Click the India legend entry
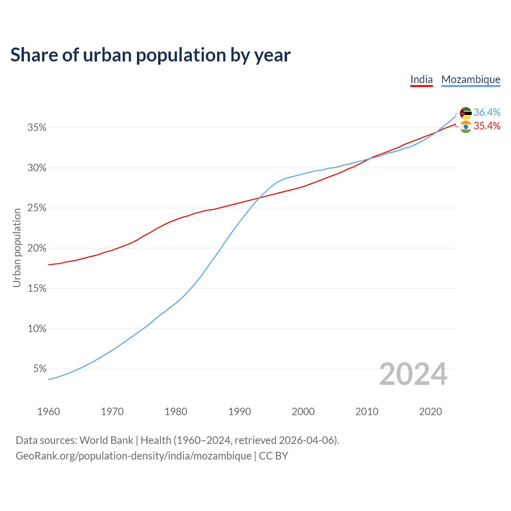[x=422, y=79]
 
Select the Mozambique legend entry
[x=471, y=79]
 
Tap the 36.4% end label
[x=487, y=112]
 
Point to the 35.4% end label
[x=487, y=126]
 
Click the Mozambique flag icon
[x=465, y=113]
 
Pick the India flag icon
[x=465, y=127]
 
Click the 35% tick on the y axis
[x=37, y=128]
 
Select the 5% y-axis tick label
[x=40, y=369]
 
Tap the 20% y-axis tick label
[x=37, y=248]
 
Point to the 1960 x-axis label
[x=48, y=412]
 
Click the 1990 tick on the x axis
[x=240, y=412]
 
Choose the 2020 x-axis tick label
[x=430, y=412]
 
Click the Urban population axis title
[x=17, y=248]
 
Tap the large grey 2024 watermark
[x=413, y=374]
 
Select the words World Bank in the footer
[x=106, y=440]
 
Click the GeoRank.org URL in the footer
[x=133, y=456]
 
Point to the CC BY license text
[x=273, y=456]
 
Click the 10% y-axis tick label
[x=37, y=329]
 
